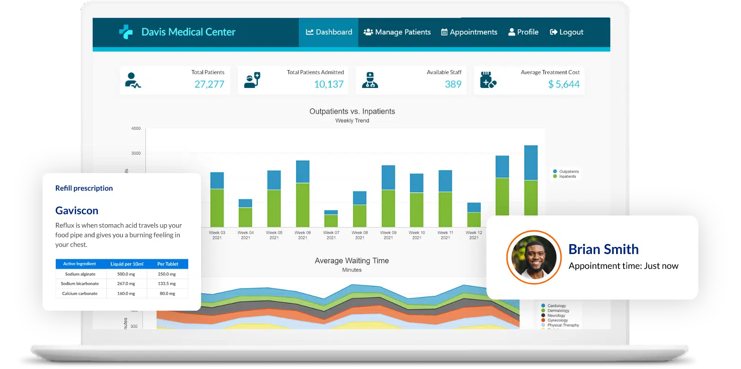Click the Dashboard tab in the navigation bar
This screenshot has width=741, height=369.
click(x=329, y=32)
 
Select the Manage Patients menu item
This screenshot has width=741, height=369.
click(x=397, y=32)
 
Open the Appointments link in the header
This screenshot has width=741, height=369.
click(x=469, y=32)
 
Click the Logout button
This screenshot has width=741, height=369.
click(x=566, y=32)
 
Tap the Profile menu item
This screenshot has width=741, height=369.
click(x=523, y=32)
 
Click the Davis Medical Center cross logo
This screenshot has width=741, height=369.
click(x=126, y=32)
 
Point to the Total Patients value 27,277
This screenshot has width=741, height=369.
click(x=209, y=85)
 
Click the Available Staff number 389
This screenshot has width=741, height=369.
click(x=453, y=85)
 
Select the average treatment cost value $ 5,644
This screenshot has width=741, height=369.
click(x=564, y=85)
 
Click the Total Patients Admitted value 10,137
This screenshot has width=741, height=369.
click(x=329, y=85)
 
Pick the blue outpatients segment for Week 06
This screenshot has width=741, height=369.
click(x=303, y=172)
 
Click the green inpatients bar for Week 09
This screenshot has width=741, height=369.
click(x=388, y=208)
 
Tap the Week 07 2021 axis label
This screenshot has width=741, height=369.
click(x=331, y=235)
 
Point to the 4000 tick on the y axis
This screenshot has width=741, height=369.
click(x=135, y=129)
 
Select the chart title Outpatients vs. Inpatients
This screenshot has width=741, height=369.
click(x=352, y=112)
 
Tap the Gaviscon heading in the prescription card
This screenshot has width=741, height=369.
click(x=77, y=211)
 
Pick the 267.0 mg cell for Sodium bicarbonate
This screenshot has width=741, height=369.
click(x=126, y=283)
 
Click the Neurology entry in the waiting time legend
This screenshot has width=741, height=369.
click(x=556, y=316)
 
